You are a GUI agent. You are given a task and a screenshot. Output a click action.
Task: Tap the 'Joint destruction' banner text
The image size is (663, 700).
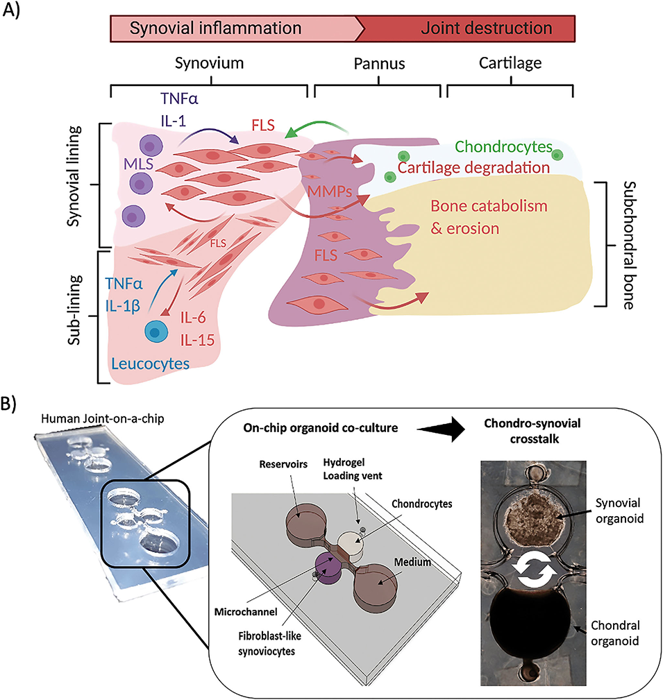tap(487, 28)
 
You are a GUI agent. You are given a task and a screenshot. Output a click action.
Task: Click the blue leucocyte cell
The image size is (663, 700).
tap(156, 332)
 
